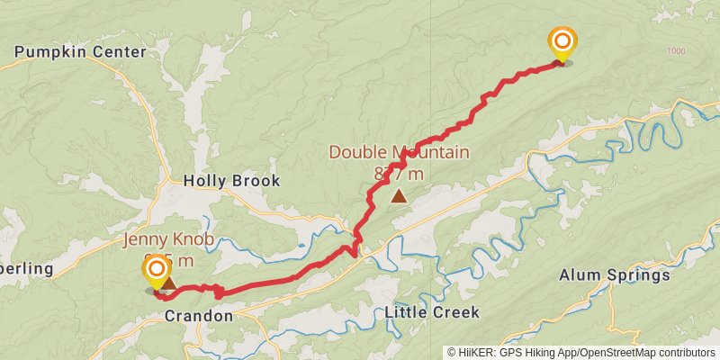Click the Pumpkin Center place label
point(79,52)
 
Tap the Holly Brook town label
point(231,181)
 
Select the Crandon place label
point(198,316)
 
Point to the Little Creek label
point(431,312)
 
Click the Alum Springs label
point(615,275)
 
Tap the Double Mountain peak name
point(399,153)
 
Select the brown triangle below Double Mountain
point(399,194)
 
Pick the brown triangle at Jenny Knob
point(168,283)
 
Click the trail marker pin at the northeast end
point(562,41)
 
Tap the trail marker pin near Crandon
point(157,270)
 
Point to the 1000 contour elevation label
point(677,51)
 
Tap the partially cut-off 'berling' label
point(27,268)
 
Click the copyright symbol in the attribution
point(452,353)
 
